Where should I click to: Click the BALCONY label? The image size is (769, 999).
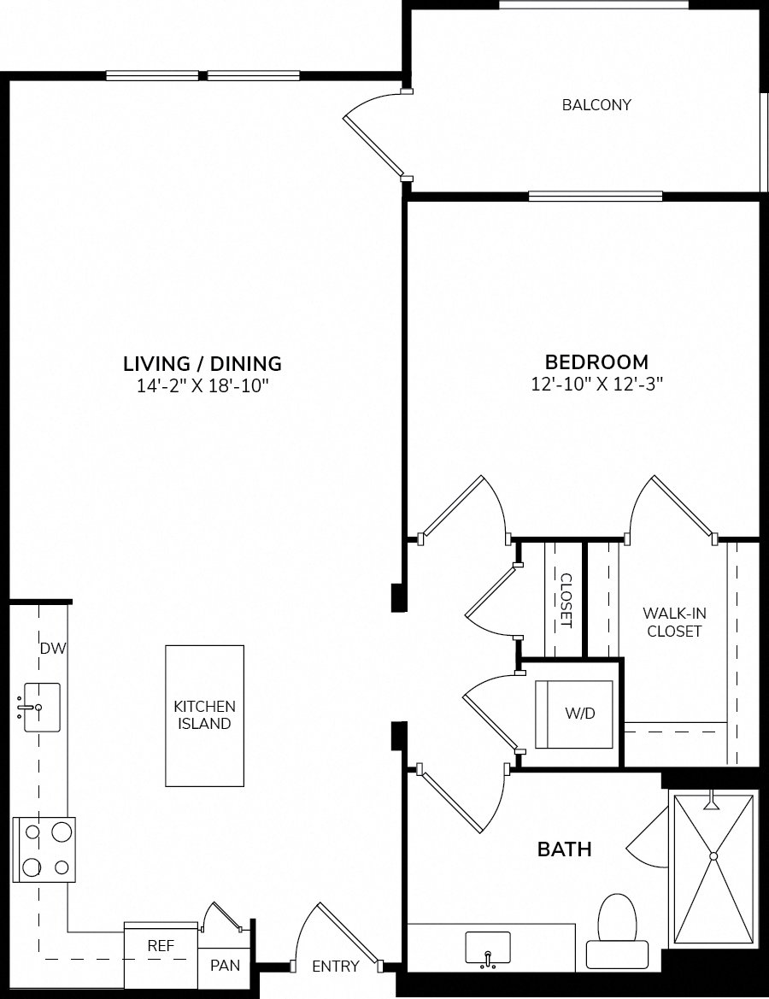pos(596,104)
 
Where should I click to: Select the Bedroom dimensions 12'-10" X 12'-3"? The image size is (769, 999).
pos(597,385)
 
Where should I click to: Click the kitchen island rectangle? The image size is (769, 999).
pos(204,716)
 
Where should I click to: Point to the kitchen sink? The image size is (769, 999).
pos(42,708)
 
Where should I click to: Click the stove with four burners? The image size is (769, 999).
pos(44,850)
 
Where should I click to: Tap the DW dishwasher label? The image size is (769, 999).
pos(54,649)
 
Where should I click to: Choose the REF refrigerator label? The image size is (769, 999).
pos(161,945)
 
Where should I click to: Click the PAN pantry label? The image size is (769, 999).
pos(225,965)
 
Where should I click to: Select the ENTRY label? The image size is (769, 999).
pos(336,967)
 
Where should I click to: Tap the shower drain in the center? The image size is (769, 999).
pos(713,855)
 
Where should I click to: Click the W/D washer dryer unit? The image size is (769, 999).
pos(574,714)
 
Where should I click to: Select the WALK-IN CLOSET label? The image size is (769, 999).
pos(674,622)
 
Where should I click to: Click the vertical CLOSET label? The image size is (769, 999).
pos(566,601)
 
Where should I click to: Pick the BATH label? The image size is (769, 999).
pos(565,849)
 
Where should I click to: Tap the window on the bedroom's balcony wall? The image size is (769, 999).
pos(596,197)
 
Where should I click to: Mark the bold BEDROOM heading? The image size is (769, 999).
pos(597,361)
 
